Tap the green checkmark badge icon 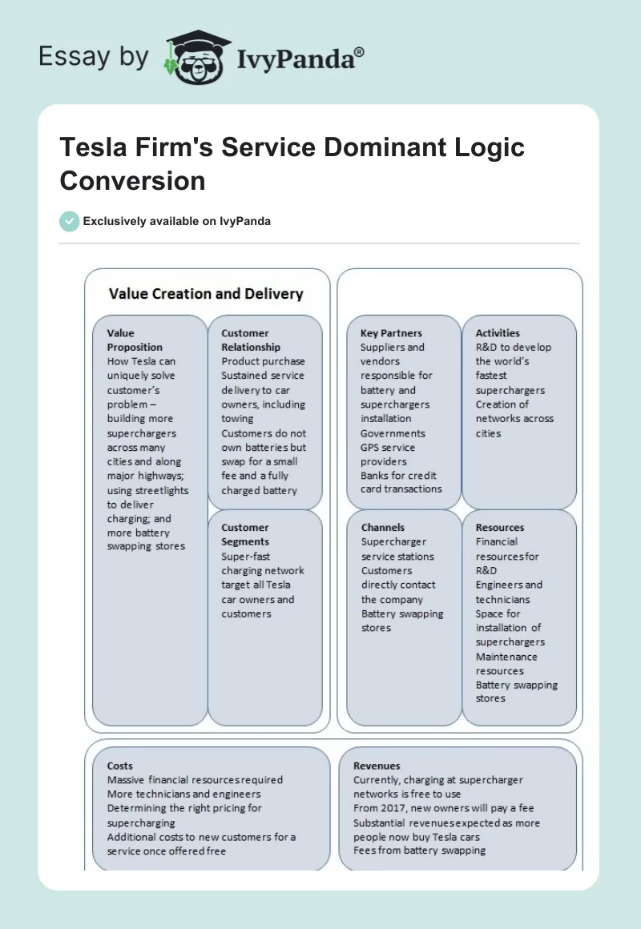click(x=69, y=221)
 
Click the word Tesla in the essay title click(x=90, y=147)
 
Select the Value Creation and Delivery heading click(x=206, y=294)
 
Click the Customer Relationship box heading click(x=251, y=340)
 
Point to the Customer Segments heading click(x=245, y=535)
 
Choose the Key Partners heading click(x=391, y=333)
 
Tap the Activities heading click(x=498, y=333)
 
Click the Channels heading click(x=383, y=528)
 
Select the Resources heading click(x=500, y=528)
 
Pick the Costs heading click(x=120, y=766)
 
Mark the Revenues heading click(x=377, y=766)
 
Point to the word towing click(x=237, y=419)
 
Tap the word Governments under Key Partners click(x=393, y=433)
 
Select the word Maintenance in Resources click(x=506, y=657)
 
